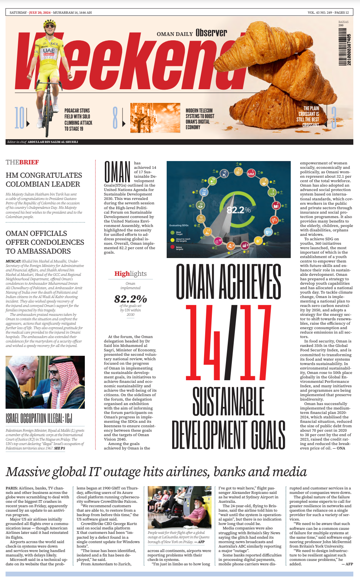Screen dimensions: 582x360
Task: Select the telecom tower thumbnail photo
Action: click(x=155, y=118)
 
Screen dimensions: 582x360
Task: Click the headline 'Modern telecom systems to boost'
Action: click(x=200, y=113)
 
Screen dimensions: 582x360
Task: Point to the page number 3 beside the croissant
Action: click(x=334, y=118)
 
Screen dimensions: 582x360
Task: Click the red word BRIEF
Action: click(x=29, y=162)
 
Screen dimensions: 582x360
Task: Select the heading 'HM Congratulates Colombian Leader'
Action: click(x=44, y=180)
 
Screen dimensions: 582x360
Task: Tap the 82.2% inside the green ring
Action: click(x=239, y=210)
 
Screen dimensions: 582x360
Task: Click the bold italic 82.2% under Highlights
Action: click(x=130, y=299)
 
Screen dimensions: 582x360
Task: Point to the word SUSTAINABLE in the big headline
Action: click(x=229, y=401)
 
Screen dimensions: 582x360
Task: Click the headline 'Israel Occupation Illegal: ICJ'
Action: click(x=39, y=418)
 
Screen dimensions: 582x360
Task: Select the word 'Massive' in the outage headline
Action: click(x=27, y=472)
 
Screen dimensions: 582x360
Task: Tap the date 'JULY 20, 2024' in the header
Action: click(x=40, y=13)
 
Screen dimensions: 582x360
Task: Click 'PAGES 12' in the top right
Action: click(x=341, y=13)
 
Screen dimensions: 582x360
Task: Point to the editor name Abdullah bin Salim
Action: click(x=53, y=142)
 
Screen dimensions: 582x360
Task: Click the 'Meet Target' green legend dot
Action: click(x=173, y=233)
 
